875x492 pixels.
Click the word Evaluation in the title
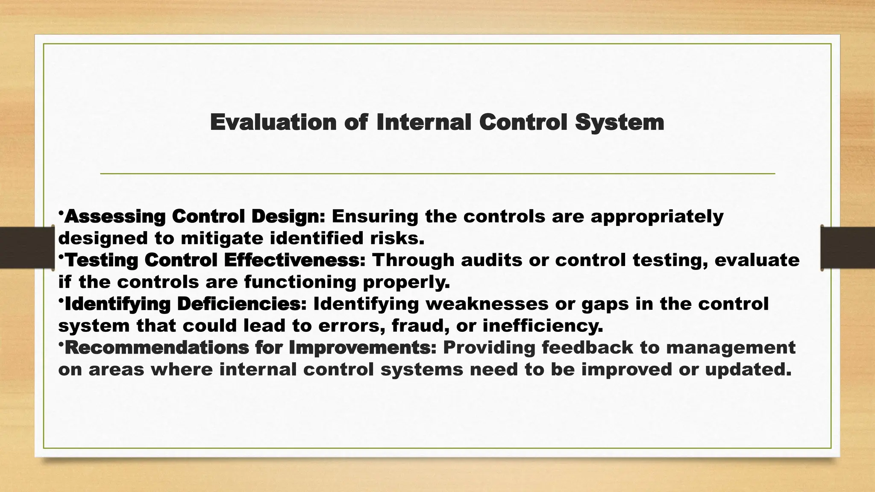pos(273,122)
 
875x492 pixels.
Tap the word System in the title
pos(619,122)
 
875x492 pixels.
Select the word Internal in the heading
pos(423,122)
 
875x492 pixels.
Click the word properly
pos(406,282)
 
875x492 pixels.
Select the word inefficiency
pos(543,326)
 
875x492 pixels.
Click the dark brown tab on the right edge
pos(848,248)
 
